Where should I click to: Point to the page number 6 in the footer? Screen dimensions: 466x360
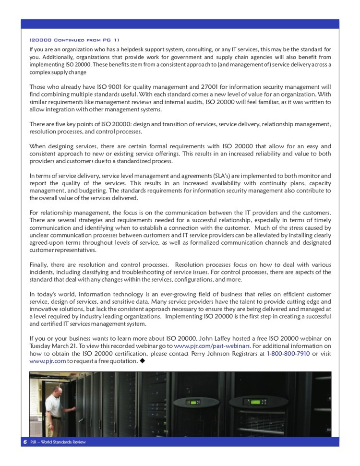[24, 442]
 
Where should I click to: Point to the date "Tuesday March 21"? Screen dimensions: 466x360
[51, 346]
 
